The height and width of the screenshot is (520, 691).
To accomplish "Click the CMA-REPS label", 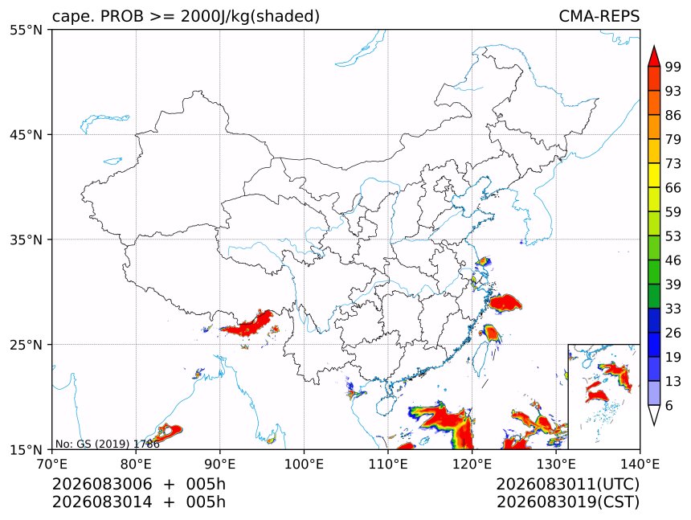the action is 599,16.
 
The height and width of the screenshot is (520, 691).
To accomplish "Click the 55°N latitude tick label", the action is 26,31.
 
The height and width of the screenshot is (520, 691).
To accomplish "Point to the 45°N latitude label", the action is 26,135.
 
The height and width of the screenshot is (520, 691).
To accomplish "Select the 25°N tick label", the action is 26,345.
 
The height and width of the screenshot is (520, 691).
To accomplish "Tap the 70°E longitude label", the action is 52,464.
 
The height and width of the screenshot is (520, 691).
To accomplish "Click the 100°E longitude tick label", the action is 304,464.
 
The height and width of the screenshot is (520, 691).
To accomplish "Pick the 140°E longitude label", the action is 640,464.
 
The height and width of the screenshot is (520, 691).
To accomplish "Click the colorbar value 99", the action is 673,67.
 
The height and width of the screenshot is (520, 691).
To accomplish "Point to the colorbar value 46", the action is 673,260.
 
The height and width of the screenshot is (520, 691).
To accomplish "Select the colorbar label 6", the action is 669,405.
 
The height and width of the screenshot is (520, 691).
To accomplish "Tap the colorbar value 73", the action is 673,164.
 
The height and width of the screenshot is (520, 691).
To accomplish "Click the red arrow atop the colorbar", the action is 654,55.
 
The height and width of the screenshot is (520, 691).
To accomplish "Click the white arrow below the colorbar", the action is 654,416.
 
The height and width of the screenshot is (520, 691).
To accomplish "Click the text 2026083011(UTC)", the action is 567,484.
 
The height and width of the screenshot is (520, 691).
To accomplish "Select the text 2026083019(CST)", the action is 567,502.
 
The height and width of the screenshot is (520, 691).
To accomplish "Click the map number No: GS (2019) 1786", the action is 108,444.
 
